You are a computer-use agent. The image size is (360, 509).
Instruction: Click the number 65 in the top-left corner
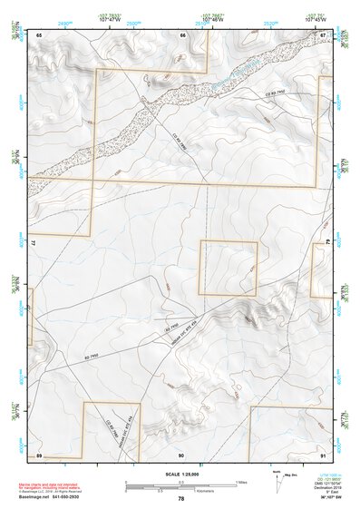pyautogui.click(x=40, y=34)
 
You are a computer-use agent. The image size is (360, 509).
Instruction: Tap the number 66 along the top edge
pyautogui.click(x=182, y=34)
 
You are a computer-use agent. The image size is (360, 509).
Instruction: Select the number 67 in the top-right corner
pyautogui.click(x=324, y=34)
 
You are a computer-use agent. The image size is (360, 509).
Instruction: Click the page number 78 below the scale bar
pyautogui.click(x=181, y=499)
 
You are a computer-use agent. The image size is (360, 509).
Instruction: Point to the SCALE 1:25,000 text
pyautogui.click(x=181, y=472)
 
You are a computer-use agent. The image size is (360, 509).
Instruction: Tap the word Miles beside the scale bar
pyautogui.click(x=240, y=481)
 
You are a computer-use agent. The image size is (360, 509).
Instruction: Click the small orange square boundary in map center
pyautogui.click(x=229, y=268)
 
